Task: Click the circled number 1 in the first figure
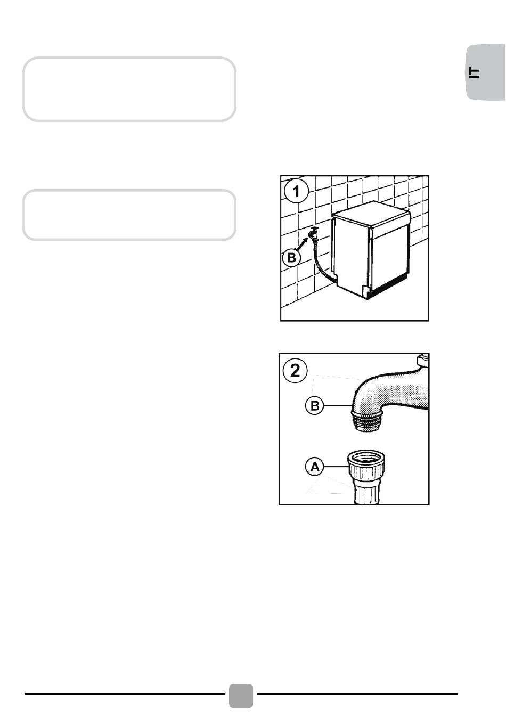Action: (297, 191)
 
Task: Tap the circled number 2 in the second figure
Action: (295, 371)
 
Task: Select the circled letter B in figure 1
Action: (291, 258)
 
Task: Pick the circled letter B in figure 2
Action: (315, 406)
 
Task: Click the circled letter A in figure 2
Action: (315, 467)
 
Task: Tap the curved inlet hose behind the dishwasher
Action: (322, 263)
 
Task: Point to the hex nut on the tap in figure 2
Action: (423, 360)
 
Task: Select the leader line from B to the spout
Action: (338, 406)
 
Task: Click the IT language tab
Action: (486, 72)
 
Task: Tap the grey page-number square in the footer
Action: (241, 696)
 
